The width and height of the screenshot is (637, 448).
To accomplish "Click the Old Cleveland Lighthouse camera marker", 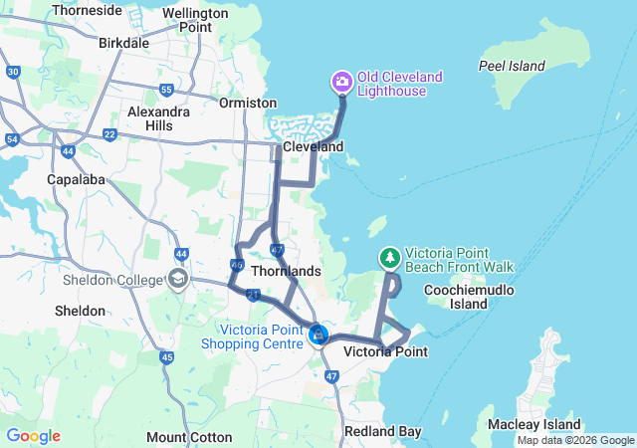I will pos(341,82).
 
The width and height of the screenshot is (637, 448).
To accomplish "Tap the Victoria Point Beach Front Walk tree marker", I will pos(390,258).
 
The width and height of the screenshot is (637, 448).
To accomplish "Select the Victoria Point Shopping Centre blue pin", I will pos(318,335).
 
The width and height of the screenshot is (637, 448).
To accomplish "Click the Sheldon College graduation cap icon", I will pos(179,279).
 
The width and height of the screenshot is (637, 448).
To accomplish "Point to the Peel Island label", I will pos(512,66).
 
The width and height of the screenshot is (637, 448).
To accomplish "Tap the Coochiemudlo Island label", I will pos(456,297).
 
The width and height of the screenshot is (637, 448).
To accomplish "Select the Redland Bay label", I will pos(382,431).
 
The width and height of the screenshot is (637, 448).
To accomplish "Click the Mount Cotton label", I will pos(189,437).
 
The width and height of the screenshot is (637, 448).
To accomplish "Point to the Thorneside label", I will pos(88,10).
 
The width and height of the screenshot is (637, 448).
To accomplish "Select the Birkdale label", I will pos(124,43).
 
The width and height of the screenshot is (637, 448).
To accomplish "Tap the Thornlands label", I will pos(286,271).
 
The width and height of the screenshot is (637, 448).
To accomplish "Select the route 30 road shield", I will pos(13,72).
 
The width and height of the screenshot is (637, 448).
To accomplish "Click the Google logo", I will pos(33,436).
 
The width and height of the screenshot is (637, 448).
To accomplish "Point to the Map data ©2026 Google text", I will pos(575,441).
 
